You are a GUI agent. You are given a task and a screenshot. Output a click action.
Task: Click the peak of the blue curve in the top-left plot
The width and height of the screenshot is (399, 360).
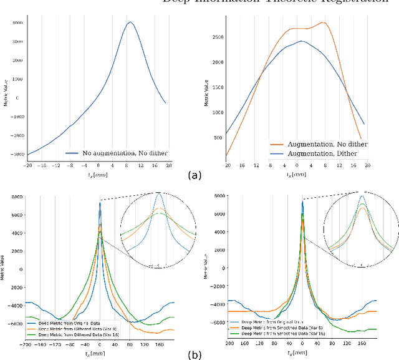point(130,22)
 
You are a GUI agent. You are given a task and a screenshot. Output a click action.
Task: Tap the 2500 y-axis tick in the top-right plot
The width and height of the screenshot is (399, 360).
point(218,37)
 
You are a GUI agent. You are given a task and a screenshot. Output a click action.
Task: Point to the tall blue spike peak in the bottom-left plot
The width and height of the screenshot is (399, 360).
point(100,203)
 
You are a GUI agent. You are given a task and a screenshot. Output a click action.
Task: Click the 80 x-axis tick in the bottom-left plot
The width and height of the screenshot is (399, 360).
point(129,344)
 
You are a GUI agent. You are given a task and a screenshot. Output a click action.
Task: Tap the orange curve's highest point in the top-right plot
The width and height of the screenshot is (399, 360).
point(323,22)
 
